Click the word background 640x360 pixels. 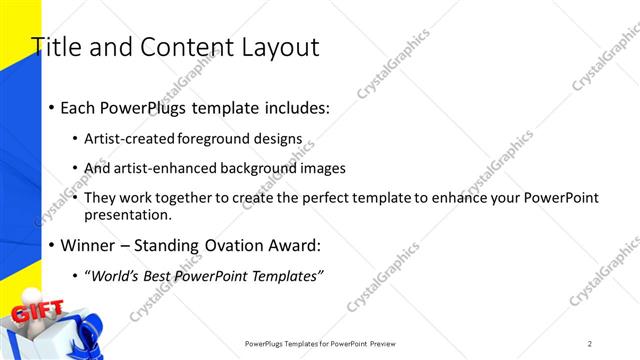[265, 168]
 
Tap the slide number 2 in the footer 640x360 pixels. [590, 344]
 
